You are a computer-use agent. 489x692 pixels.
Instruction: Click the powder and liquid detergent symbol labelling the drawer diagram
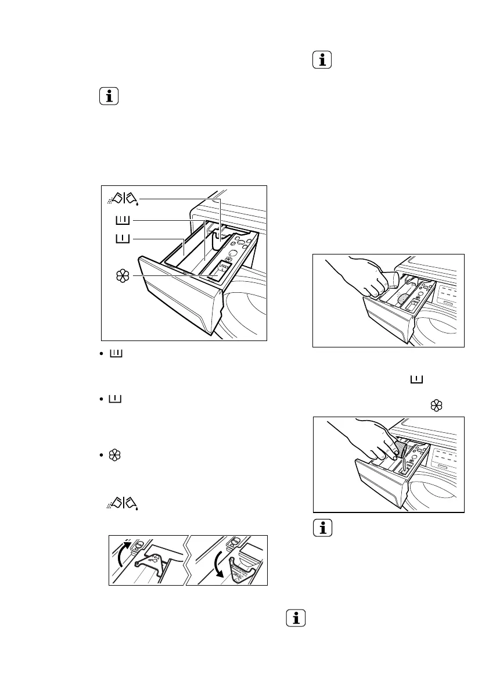pos(123,199)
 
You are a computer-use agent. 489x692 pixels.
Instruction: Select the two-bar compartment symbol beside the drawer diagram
pos(123,220)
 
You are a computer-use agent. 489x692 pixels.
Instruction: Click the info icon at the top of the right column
pos(322,60)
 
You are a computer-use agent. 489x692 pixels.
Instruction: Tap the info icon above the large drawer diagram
pos(109,96)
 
